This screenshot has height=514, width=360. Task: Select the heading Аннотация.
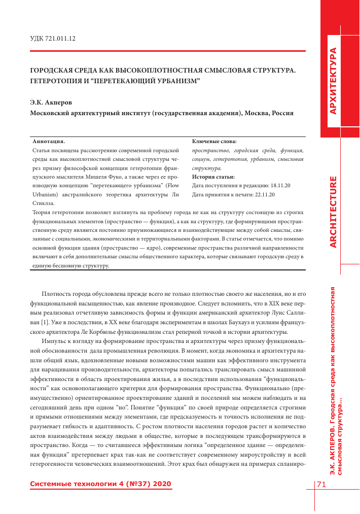click(x=49, y=142)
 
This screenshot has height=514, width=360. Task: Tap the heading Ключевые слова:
click(x=214, y=142)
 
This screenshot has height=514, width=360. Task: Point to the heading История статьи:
click(x=213, y=177)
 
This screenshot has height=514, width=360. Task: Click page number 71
click(x=321, y=485)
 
